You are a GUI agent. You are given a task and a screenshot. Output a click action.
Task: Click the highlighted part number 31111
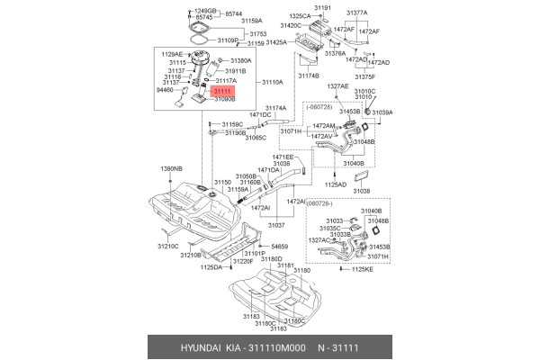tap(221, 91)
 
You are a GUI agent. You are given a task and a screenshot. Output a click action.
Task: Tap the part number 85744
tap(234, 13)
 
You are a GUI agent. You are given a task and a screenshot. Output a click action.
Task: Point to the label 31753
tap(234, 33)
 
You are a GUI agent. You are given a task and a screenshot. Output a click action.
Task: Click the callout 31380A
tap(238, 60)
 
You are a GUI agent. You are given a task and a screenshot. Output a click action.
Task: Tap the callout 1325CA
tap(301, 16)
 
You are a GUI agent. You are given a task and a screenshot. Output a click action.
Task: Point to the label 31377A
tap(356, 13)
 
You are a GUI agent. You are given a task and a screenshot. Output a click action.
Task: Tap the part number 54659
tap(279, 246)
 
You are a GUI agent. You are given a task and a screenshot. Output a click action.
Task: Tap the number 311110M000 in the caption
tap(279, 346)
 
